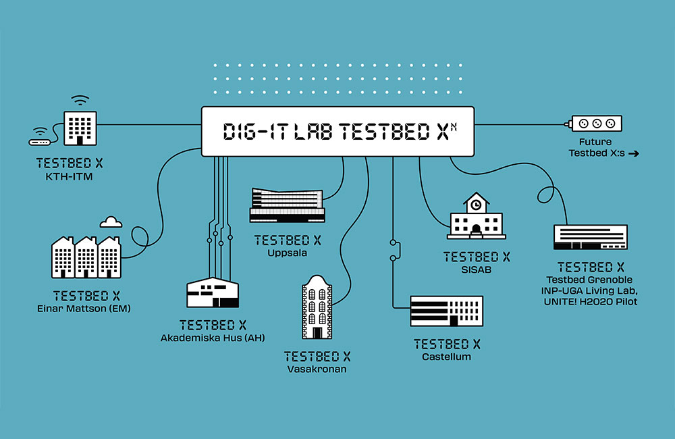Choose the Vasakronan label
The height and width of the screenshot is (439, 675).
[317, 369]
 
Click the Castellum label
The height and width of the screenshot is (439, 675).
[447, 356]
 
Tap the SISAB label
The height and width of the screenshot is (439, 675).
[477, 269]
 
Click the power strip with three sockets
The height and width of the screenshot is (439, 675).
[597, 124]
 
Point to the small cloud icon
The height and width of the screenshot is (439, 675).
[111, 221]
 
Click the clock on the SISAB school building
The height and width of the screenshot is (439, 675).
[477, 203]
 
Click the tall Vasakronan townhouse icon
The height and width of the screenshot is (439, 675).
[317, 308]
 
